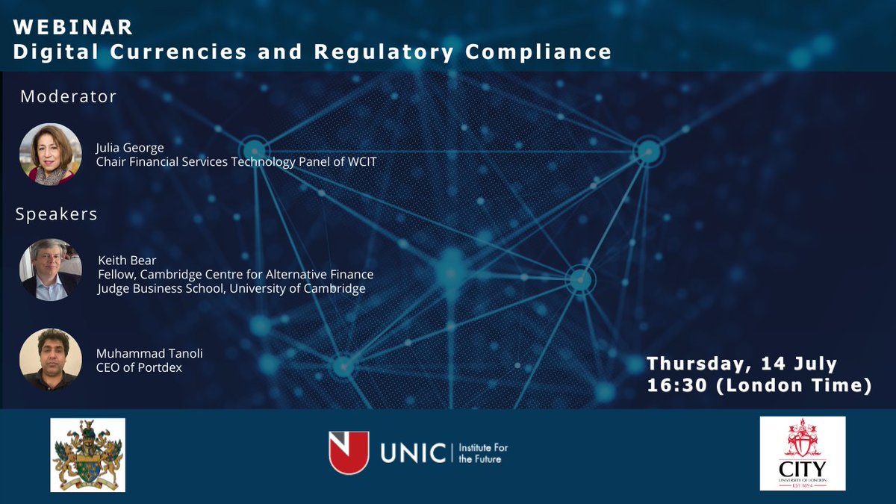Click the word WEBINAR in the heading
[73, 28]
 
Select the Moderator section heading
[69, 96]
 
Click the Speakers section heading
[57, 214]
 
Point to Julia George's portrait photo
[51, 154]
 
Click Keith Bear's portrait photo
[51, 270]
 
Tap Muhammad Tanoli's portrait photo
[51, 359]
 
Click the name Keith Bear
[127, 261]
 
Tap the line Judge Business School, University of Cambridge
[231, 288]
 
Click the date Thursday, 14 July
[742, 364]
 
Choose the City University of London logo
[802, 453]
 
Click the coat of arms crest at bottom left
[87, 455]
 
